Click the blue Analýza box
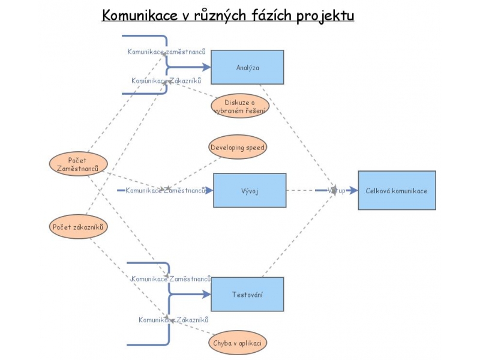coord(247,67)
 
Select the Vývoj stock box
coord(250,190)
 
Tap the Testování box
coord(247,294)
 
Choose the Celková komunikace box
coord(397,190)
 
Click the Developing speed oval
coord(238,147)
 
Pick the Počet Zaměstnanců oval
coord(78,164)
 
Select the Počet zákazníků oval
coord(78,227)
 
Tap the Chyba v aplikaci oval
coord(238,343)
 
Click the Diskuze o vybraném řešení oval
coord(240,106)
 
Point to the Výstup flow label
coord(337,191)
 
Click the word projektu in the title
coord(325,16)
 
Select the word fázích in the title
coord(274,16)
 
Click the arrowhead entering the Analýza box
coord(207,67)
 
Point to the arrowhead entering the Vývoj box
coord(209,191)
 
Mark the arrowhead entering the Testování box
coord(207,294)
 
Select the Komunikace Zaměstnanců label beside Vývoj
coord(166,191)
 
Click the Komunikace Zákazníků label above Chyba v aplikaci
coord(173,320)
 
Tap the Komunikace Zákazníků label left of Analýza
coord(166,80)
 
